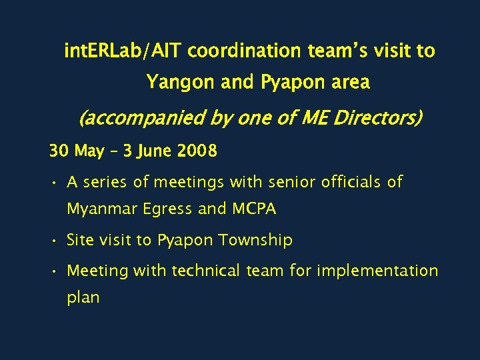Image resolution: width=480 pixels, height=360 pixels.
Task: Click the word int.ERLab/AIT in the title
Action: (123, 51)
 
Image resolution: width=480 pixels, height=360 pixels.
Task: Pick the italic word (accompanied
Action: (129, 119)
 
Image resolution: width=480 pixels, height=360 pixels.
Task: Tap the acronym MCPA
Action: (254, 209)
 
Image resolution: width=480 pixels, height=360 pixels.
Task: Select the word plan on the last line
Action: (83, 298)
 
